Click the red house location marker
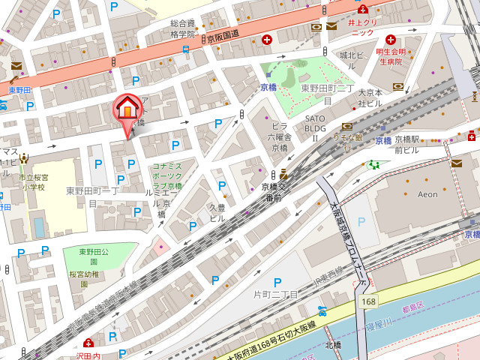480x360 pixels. [127, 110]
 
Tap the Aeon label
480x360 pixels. [426, 193]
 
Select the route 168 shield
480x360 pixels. [367, 301]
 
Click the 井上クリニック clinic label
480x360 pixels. [362, 28]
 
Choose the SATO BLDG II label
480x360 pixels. [316, 128]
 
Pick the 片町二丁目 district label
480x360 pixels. [276, 293]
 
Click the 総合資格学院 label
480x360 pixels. [182, 28]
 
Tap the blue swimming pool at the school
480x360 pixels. [39, 227]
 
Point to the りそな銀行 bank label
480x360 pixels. [348, 137]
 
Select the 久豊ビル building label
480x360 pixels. [217, 212]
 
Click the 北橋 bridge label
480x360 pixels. [333, 345]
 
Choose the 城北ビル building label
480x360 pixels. [352, 55]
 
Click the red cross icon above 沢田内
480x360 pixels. [89, 343]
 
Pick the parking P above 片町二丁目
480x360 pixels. [277, 281]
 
